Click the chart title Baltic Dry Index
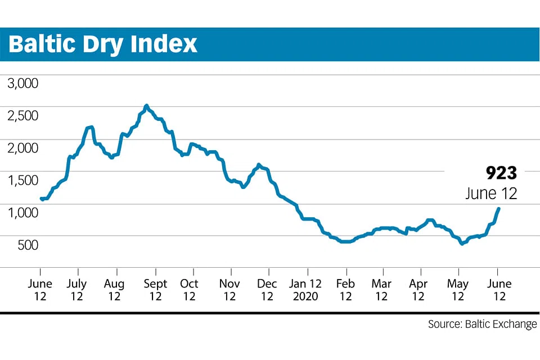click(103, 44)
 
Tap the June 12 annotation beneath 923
click(491, 193)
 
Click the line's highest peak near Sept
click(146, 106)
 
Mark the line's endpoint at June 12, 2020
click(498, 209)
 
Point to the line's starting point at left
click(42, 199)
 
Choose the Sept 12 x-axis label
click(155, 290)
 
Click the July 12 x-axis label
click(76, 290)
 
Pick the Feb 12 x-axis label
click(345, 290)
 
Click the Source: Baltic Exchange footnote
click(482, 325)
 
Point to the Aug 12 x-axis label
click(115, 290)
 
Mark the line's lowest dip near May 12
click(462, 244)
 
